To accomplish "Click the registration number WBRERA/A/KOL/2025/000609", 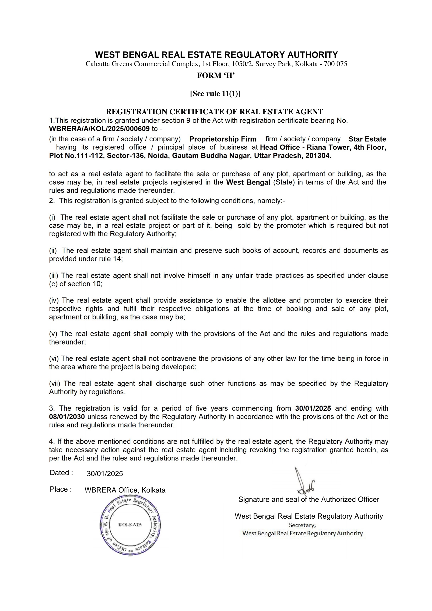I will pos(99,129).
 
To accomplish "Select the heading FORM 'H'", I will pos(216,76).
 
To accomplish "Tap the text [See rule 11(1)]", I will pos(215,94).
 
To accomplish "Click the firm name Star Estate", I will pos(367,139).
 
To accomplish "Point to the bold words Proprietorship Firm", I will pos(223,139).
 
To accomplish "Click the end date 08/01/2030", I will pos(67,417).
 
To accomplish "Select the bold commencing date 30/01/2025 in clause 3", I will pos(313,408).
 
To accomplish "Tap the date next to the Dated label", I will pos(105,474).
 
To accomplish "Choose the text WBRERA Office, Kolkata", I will pos(125,490).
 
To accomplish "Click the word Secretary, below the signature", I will pos(302,525).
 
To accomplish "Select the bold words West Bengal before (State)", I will pos(248,182).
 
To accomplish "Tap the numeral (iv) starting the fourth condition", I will pos(54,300).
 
